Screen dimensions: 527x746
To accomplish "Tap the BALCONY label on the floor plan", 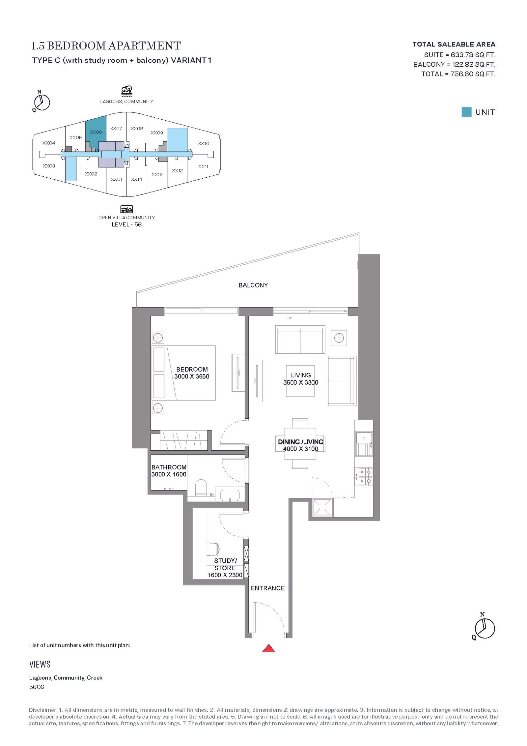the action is (253, 285).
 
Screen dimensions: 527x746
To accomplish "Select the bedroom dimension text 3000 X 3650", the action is (192, 376).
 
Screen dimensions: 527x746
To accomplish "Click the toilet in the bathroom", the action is (201, 488).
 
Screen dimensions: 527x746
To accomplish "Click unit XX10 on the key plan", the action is (204, 143).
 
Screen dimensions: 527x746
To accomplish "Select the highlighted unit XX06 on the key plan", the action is (96, 132).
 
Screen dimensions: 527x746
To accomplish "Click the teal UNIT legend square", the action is (466, 112).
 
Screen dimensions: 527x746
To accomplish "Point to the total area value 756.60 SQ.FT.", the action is (473, 74).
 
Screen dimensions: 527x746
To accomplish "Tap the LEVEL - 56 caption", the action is (126, 224).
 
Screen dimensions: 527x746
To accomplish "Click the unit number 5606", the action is (37, 687).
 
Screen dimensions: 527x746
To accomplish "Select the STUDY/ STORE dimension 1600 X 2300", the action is (225, 575).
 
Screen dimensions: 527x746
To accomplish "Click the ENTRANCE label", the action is (268, 588).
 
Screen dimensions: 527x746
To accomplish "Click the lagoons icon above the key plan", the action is (127, 91).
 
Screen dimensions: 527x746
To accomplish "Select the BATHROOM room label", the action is (169, 467).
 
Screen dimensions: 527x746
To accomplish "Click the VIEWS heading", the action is (40, 664).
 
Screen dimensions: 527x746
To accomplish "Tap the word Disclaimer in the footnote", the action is (43, 710).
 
